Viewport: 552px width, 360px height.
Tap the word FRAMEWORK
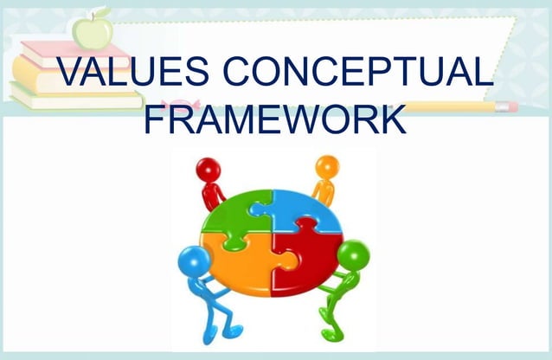(275, 119)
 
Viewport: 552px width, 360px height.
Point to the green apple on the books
(92, 30)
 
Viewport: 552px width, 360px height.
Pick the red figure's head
(209, 169)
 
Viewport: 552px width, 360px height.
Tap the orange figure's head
(327, 166)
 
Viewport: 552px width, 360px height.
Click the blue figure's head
(190, 259)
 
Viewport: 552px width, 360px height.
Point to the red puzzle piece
(305, 257)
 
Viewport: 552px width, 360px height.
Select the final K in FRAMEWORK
(391, 119)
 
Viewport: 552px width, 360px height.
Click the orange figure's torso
(324, 192)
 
